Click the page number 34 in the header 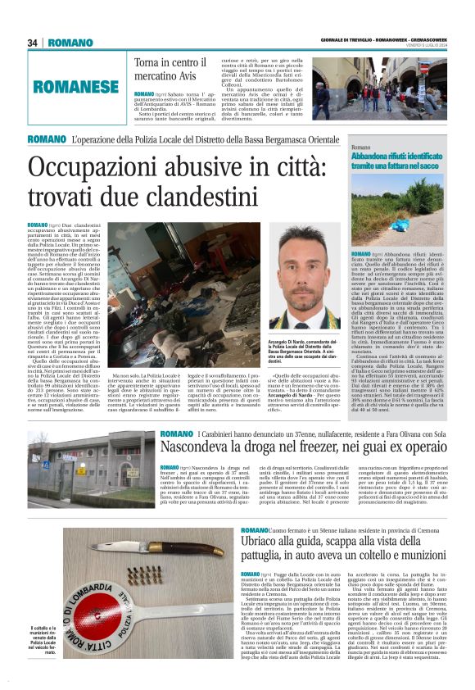click(x=34, y=43)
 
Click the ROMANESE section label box click(x=75, y=86)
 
